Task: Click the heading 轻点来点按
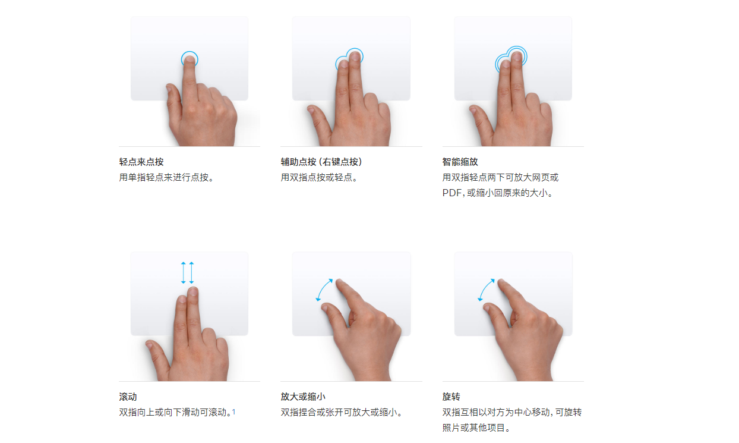point(141,162)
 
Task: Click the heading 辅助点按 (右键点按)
point(321,162)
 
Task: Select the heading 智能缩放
point(460,162)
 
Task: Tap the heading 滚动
point(128,397)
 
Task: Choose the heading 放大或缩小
point(303,397)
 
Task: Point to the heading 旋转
point(451,397)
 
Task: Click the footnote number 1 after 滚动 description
point(233,411)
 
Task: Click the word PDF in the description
point(451,193)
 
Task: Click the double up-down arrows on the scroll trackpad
point(187,273)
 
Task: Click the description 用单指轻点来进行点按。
point(166,177)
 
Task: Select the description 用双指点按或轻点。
point(319,177)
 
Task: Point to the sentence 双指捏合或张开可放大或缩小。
point(342,412)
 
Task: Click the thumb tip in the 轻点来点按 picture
point(169,88)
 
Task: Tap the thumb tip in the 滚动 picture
point(150,345)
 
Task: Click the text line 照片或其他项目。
point(476,428)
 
